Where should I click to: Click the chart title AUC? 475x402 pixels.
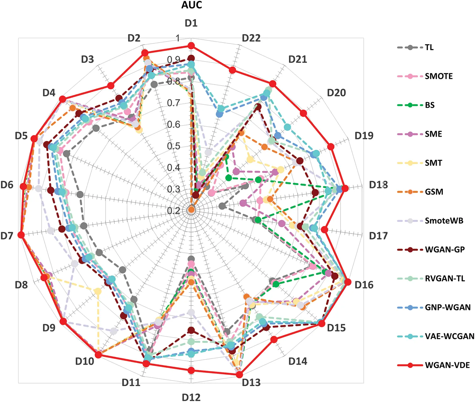coord(191,5)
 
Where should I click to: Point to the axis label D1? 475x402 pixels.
coord(191,23)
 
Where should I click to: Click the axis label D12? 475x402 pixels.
coord(191,397)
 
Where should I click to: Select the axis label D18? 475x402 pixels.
coord(378,185)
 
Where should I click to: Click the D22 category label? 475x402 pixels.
coord(251,38)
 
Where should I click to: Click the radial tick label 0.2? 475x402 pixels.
coord(173,211)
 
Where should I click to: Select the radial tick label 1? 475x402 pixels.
coord(178,38)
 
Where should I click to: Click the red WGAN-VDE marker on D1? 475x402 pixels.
coord(191,46)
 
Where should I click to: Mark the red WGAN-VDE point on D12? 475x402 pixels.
coord(191,370)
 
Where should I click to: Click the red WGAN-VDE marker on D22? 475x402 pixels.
coord(232,70)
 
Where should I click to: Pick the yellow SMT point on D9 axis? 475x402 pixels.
coord(98,291)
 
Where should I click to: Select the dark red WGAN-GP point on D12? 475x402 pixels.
coord(191,330)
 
